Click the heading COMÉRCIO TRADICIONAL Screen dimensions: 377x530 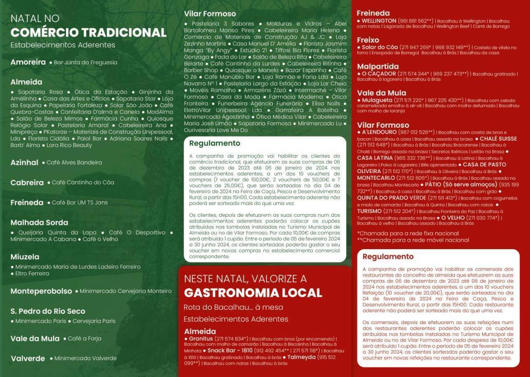point(89,32)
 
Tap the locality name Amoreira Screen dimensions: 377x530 point(28,62)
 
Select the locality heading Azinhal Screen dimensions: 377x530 point(24,162)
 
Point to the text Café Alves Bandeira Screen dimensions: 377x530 point(74,163)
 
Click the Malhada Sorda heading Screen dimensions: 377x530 point(39,222)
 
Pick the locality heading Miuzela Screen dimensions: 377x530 point(25,256)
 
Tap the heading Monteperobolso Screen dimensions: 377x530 point(41,291)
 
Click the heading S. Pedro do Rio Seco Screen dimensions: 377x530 point(48,311)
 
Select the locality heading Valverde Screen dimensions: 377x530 point(28,358)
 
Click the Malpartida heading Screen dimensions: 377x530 point(378,66)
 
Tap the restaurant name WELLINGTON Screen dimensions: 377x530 point(378,21)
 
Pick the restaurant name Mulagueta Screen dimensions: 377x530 point(377,100)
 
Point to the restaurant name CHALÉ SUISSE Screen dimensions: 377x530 point(498,139)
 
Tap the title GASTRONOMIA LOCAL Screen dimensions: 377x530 point(253,293)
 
